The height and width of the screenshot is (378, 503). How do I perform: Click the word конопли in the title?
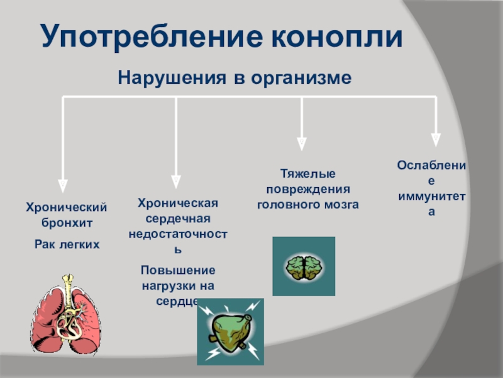(336, 37)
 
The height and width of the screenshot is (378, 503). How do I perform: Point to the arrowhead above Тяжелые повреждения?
(302, 144)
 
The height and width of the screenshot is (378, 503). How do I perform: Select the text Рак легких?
(66, 243)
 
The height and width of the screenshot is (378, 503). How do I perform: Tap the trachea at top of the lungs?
(69, 283)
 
